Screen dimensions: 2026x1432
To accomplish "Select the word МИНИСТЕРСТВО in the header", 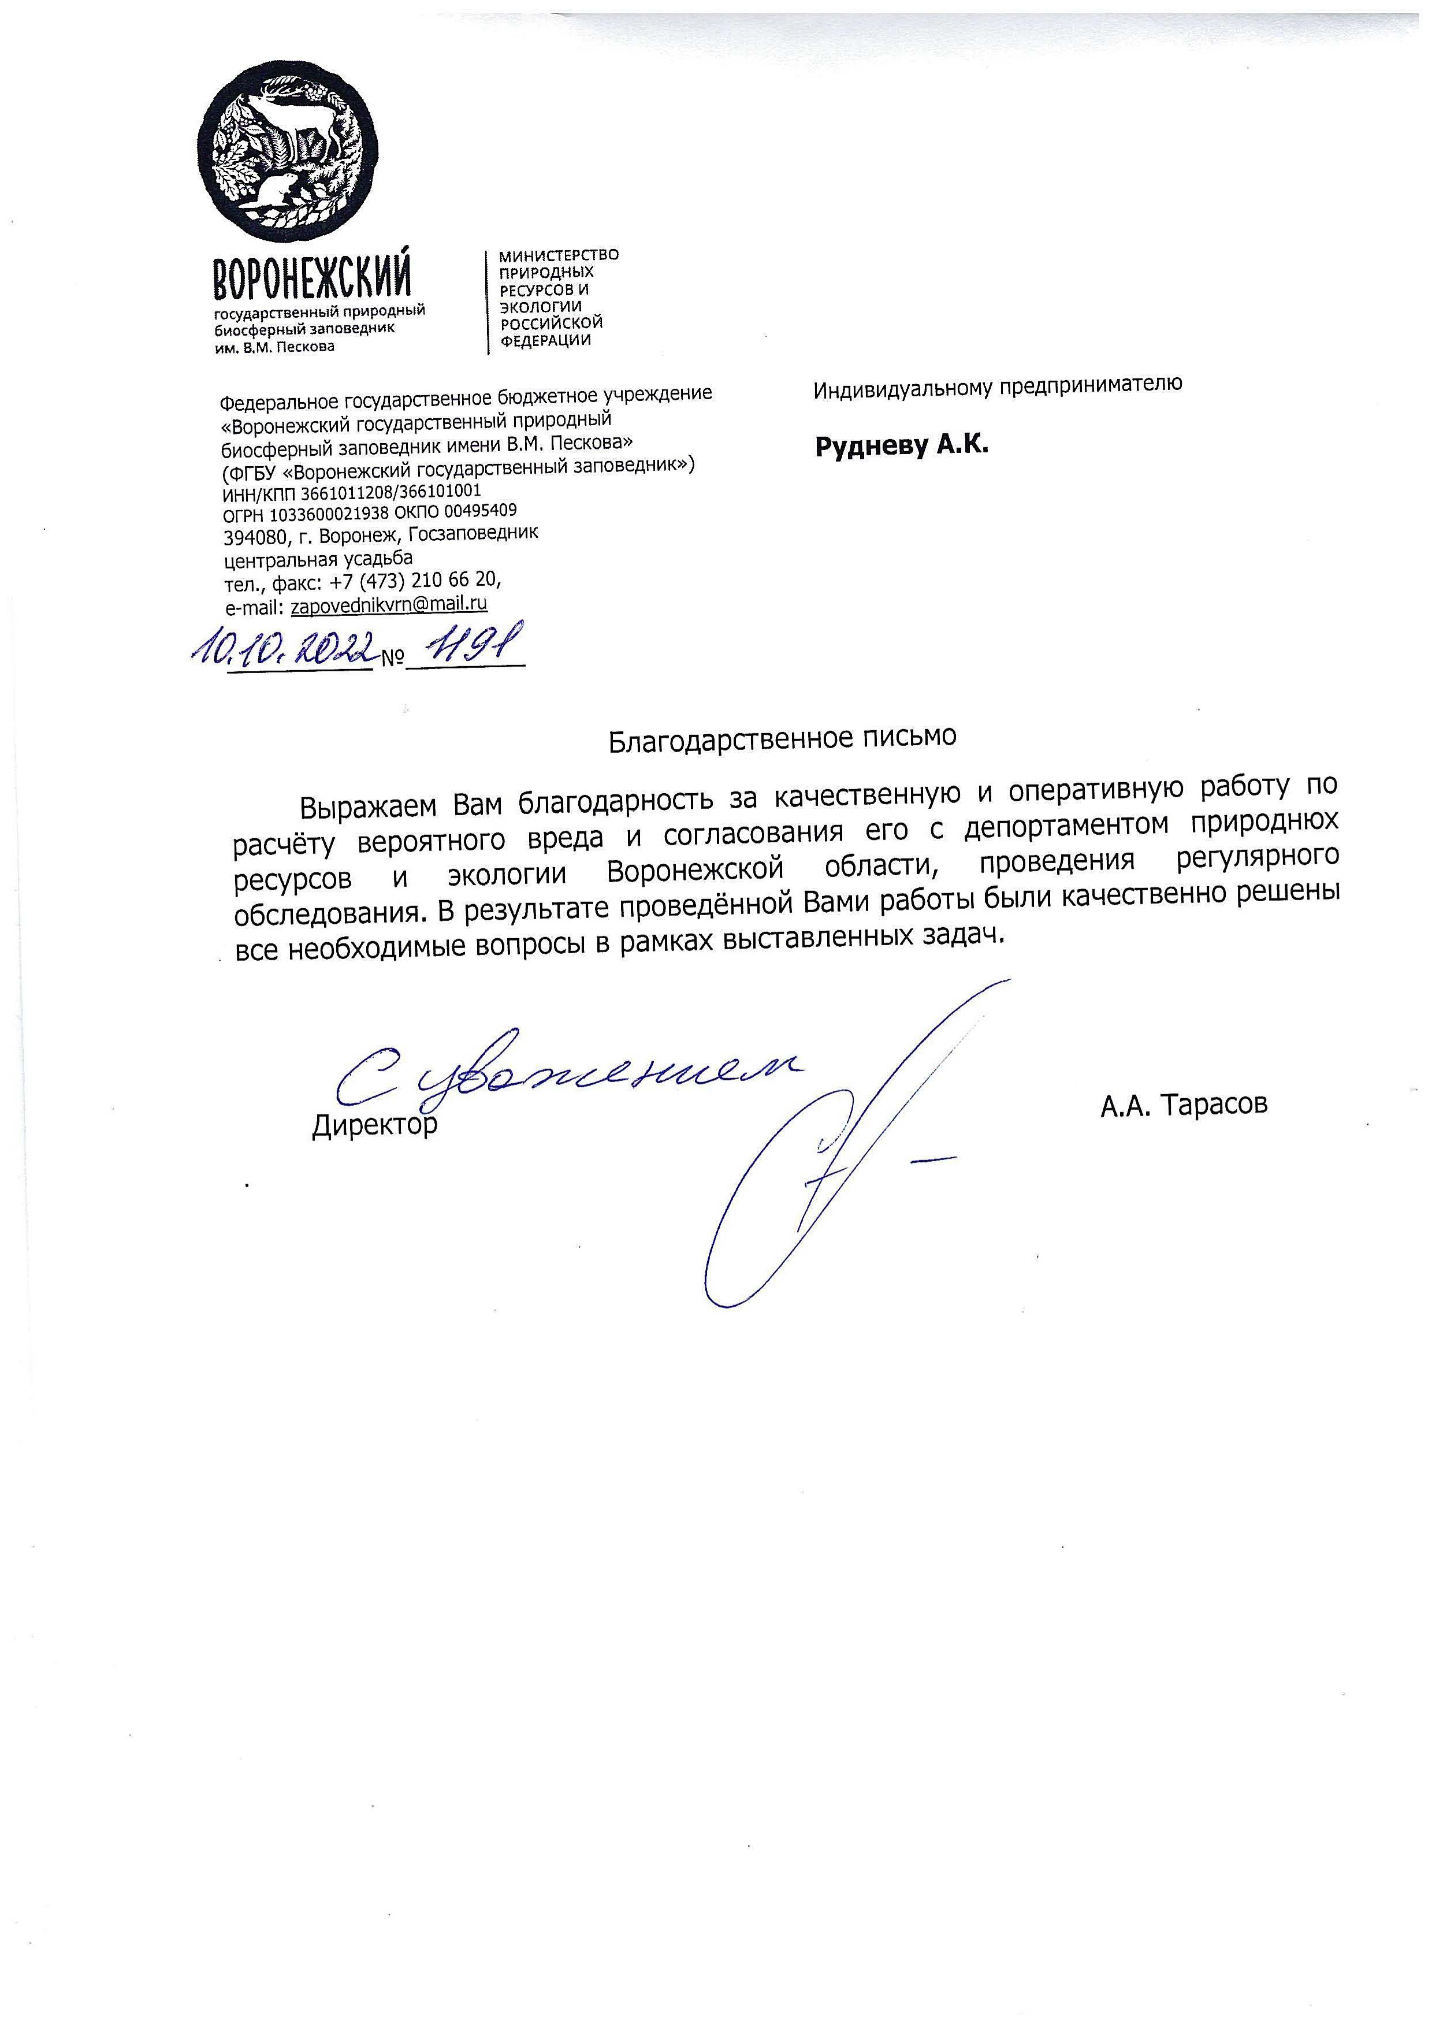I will (559, 255).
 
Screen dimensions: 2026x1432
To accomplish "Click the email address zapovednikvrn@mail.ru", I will (388, 604).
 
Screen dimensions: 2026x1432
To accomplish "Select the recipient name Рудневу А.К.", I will (901, 445).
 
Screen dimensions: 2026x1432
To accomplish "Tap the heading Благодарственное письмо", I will (782, 737).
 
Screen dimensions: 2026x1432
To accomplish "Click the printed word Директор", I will (374, 1125).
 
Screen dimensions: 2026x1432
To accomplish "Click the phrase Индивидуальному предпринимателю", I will (998, 385).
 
